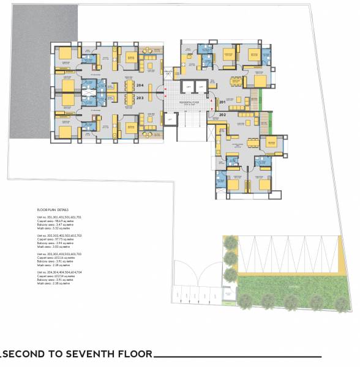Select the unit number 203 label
[140, 97]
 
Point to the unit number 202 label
[222, 114]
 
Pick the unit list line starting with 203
[59, 253]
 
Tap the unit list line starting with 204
[59, 272]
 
